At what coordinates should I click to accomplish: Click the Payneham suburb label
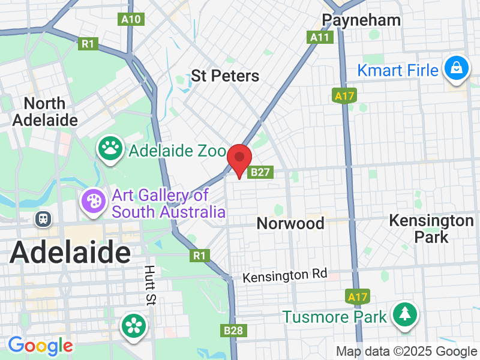pos(361,20)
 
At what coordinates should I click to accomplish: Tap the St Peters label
pos(225,76)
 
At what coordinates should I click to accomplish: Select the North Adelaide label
pos(46,112)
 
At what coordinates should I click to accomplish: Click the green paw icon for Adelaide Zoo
pos(111,149)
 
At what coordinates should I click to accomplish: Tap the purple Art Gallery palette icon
pos(94,201)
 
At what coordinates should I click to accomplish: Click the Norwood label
pos(290,223)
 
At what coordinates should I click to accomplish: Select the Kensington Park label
pos(431,228)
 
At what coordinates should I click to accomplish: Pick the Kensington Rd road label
pos(285,276)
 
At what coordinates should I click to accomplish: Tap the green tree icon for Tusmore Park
pos(405,314)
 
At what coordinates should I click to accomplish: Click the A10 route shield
pos(131,19)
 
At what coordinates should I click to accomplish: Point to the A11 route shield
pos(319,37)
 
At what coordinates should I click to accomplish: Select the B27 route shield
pos(262,172)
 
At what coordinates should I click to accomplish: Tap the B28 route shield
pos(233,331)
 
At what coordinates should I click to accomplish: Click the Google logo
pos(40,346)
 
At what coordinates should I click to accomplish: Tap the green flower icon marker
pos(134,326)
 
